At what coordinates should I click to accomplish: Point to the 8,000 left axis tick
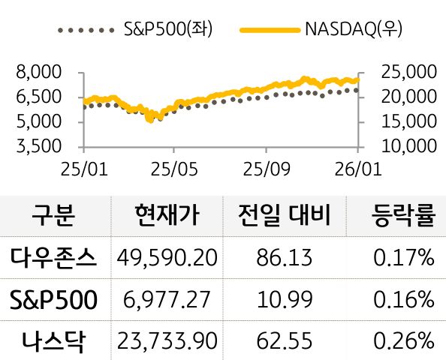(38, 73)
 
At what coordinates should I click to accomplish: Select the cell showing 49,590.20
(167, 259)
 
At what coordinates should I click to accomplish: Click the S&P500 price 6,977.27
(167, 301)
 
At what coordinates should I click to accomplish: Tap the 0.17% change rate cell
(403, 259)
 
